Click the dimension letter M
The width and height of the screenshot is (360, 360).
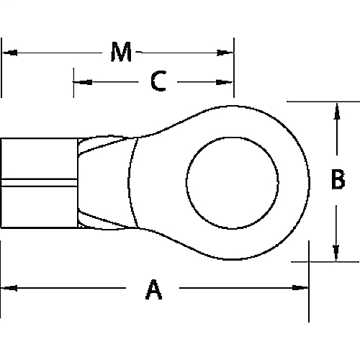coord(121,52)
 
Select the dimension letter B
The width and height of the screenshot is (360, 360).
coord(337,180)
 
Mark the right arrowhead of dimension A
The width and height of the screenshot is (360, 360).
coord(302,289)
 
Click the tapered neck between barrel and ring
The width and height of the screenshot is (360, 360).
coord(108,180)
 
